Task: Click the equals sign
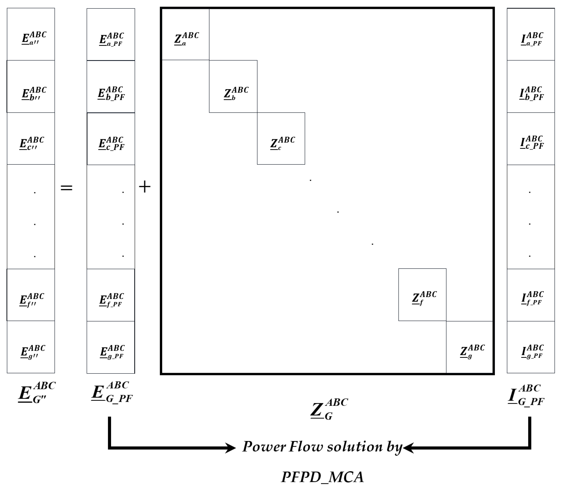tap(66, 187)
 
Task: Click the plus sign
tap(145, 187)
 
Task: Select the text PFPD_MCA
tap(322, 477)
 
